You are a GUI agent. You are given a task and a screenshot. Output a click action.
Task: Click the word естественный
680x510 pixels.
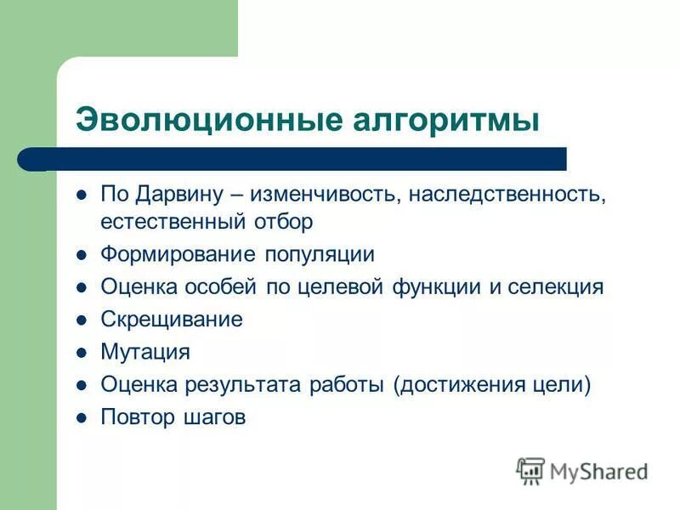[173, 222]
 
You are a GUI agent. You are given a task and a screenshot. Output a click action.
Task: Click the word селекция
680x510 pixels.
[556, 286]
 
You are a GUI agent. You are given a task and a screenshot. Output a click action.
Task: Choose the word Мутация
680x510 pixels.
[144, 352]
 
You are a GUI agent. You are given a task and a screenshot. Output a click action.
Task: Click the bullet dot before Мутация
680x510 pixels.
[82, 352]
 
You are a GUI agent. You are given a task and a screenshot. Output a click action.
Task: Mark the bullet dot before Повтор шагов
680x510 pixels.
[82, 417]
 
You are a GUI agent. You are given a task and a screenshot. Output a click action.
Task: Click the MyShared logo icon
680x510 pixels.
[531, 470]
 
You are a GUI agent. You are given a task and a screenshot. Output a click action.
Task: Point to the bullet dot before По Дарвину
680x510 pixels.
[82, 195]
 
